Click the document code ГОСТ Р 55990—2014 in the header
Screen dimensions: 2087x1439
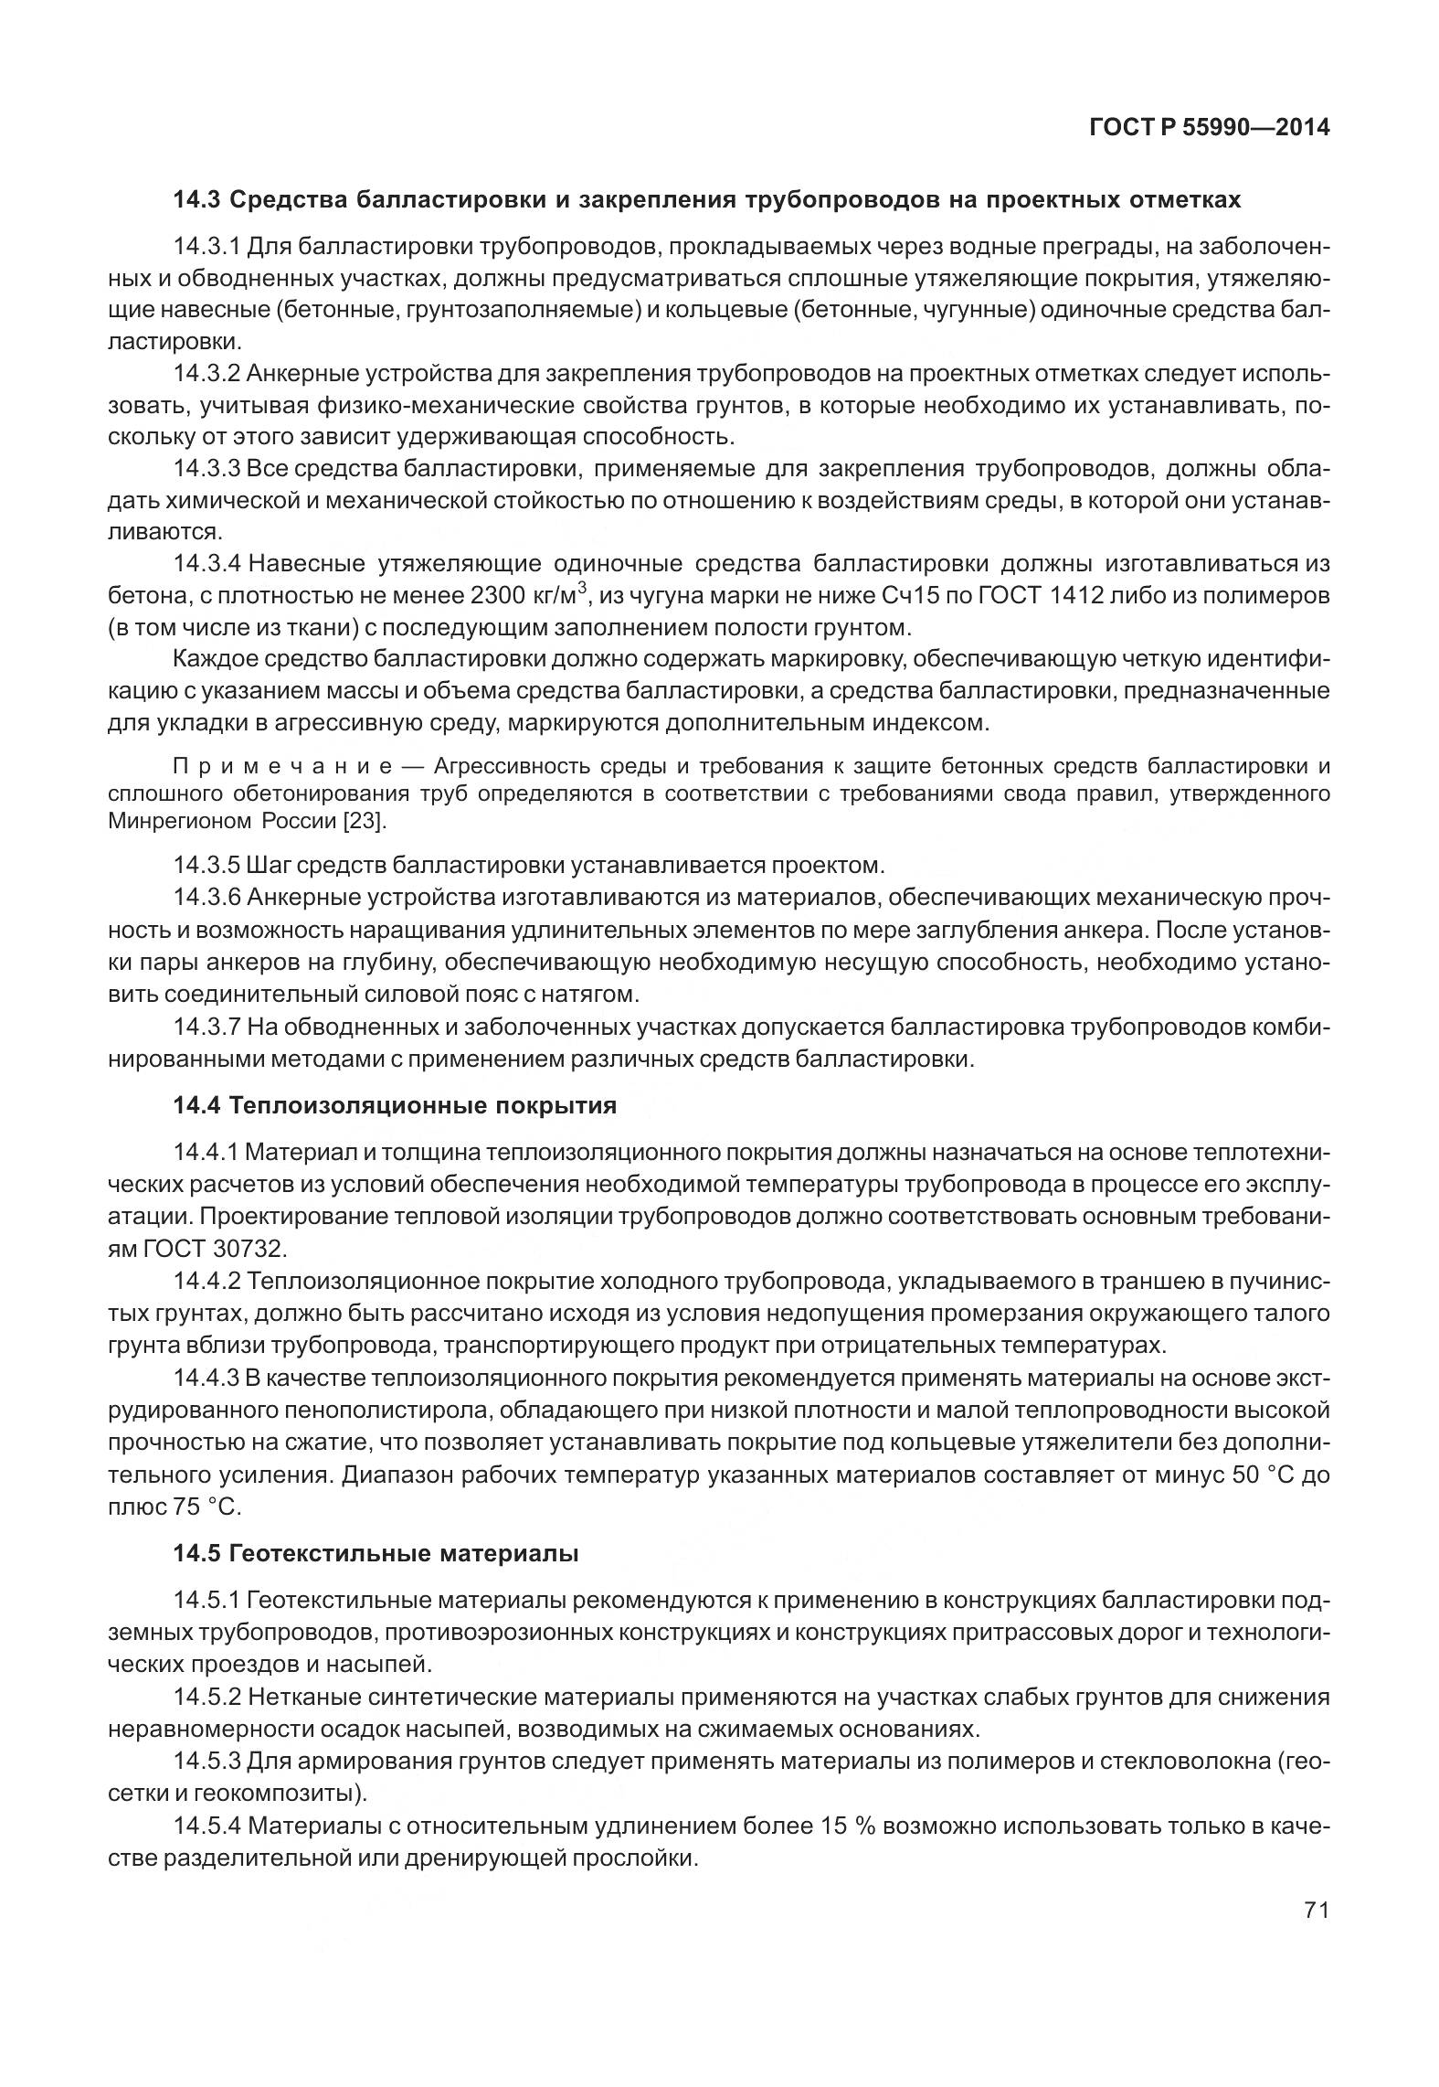coord(1209,128)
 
